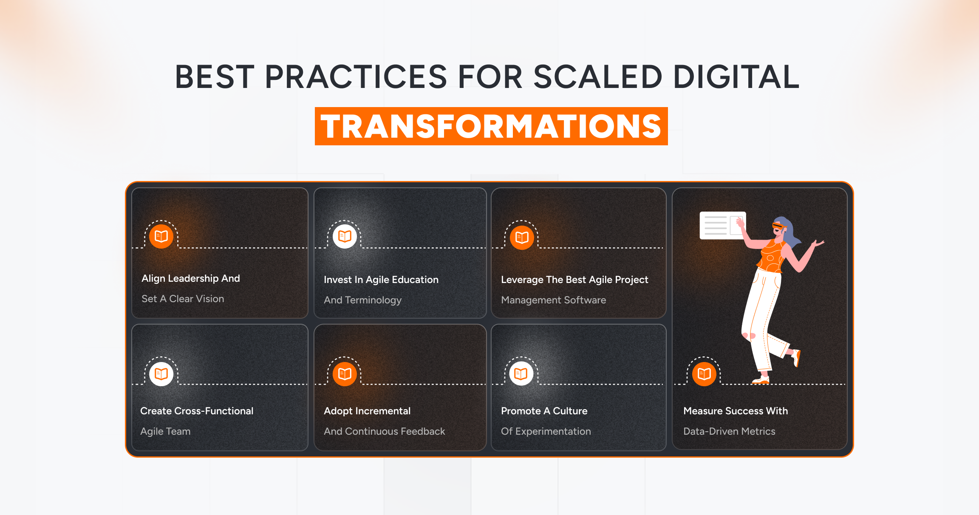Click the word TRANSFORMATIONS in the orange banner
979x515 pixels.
[491, 127]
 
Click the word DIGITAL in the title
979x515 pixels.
[736, 77]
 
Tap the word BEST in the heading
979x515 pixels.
[215, 77]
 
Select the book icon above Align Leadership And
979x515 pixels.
[161, 236]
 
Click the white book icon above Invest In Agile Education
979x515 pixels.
[345, 236]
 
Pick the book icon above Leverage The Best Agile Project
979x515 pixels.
[522, 237]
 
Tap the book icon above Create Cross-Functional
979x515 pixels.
[161, 374]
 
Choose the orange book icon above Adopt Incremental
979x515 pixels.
[345, 374]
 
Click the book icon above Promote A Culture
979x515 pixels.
[521, 374]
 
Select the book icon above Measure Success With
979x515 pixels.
[704, 374]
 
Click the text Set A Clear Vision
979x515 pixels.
[183, 299]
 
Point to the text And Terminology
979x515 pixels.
[362, 300]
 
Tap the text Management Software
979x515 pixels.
[553, 300]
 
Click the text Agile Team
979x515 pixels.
[165, 431]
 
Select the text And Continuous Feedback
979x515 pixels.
[384, 431]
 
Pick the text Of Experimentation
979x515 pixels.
[546, 431]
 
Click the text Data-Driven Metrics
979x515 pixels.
[729, 431]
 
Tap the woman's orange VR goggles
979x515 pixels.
[778, 226]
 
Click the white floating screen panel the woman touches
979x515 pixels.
[718, 225]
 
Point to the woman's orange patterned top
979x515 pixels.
[771, 257]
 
